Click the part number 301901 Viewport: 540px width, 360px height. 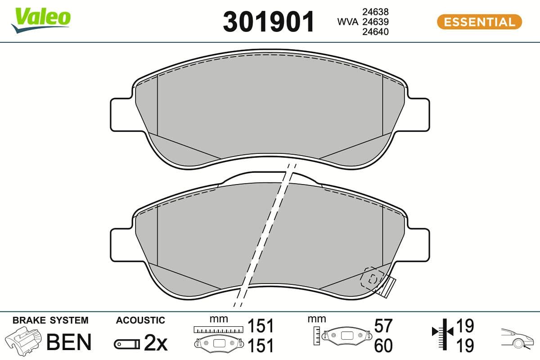pyautogui.click(x=269, y=21)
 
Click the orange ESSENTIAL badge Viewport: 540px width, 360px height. pyautogui.click(x=479, y=22)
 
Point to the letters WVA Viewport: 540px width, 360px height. pyautogui.click(x=347, y=22)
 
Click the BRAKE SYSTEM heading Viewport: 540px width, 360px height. pyautogui.click(x=50, y=320)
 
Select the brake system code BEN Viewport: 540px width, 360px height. pyautogui.click(x=69, y=342)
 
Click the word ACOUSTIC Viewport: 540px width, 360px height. pyautogui.click(x=140, y=320)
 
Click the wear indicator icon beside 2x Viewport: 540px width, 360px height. pyautogui.click(x=127, y=344)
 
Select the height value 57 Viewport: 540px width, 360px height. pyautogui.click(x=383, y=325)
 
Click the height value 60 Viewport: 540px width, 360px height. pyautogui.click(x=383, y=345)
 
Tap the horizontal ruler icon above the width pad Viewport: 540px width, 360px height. pyautogui.click(x=218, y=330)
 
